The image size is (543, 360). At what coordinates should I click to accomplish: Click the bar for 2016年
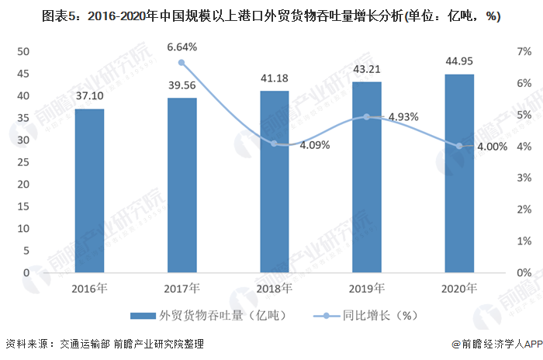[x=89, y=191]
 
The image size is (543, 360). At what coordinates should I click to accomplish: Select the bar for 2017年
[x=182, y=185]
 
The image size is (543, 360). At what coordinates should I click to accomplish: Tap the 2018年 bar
[x=275, y=182]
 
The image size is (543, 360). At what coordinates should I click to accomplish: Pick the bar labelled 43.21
[x=367, y=177]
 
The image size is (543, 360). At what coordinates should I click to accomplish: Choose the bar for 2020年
[x=459, y=173]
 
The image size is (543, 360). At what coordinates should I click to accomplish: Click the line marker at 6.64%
[x=182, y=62]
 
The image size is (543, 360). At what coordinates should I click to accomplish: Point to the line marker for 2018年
[x=275, y=144]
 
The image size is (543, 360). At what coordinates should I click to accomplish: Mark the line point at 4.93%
[x=367, y=116]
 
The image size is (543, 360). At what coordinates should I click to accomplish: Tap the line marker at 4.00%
[x=459, y=146]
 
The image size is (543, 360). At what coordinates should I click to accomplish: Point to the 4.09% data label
[x=313, y=144]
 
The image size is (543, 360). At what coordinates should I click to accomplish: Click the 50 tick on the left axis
[x=22, y=51]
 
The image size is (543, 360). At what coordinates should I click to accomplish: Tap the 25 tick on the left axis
[x=22, y=162]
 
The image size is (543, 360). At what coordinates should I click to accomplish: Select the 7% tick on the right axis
[x=524, y=51]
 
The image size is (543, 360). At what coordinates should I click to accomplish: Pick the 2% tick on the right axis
[x=524, y=209]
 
